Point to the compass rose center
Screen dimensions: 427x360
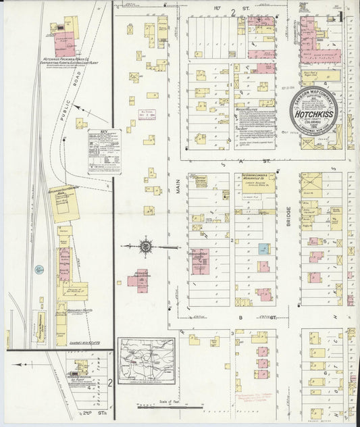tap(145, 247)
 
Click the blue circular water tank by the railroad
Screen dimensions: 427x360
tap(40, 270)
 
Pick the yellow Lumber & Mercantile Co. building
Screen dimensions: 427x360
tap(255, 183)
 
